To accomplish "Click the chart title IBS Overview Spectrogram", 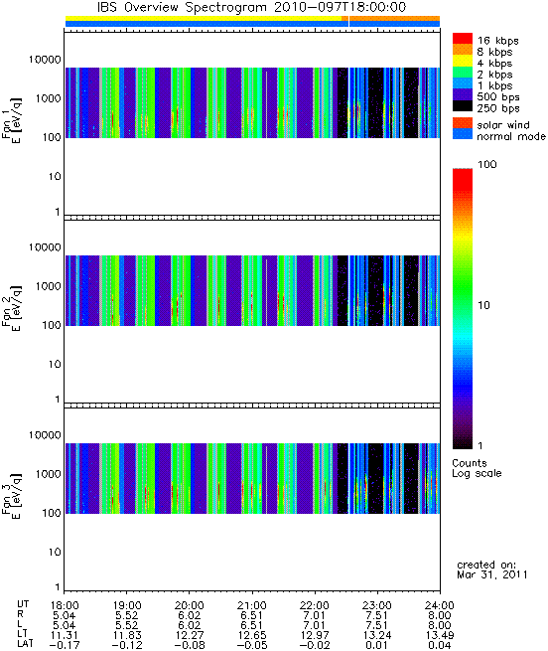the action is [182, 7].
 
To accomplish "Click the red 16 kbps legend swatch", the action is [463, 38].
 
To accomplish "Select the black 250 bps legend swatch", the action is [463, 106].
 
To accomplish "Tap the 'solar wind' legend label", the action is [503, 125].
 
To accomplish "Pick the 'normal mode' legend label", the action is [511, 136].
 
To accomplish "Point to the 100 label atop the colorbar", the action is [487, 164].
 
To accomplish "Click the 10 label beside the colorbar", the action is [484, 305].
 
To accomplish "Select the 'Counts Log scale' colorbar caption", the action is [477, 468].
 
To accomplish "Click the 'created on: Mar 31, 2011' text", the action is [492, 570].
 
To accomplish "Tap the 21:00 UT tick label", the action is [252, 605].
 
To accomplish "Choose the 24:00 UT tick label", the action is [440, 605].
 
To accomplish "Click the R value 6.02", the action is [190, 615].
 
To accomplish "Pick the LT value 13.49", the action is [440, 635].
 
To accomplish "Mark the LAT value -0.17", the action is [64, 645].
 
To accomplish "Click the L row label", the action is [19, 625].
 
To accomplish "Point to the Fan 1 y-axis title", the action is [11, 120].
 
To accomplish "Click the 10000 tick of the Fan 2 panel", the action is [45, 247].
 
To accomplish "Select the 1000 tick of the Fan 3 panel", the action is [48, 474].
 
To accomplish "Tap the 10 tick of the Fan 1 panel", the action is [55, 177].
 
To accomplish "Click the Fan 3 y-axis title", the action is [11, 496].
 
